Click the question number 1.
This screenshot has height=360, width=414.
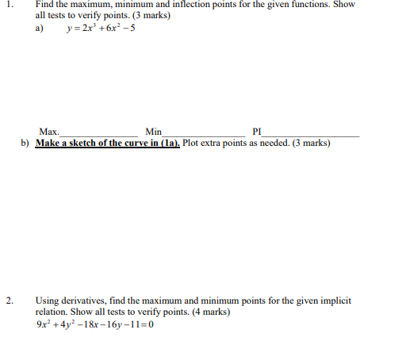(9, 5)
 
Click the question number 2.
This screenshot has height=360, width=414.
(9, 301)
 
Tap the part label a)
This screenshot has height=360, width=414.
(40, 28)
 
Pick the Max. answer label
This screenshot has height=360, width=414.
(48, 132)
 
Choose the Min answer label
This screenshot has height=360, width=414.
(154, 132)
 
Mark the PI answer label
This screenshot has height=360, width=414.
(255, 132)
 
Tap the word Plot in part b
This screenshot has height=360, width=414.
(193, 144)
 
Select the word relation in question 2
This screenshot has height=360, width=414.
(54, 312)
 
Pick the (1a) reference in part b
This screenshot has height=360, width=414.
(171, 144)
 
